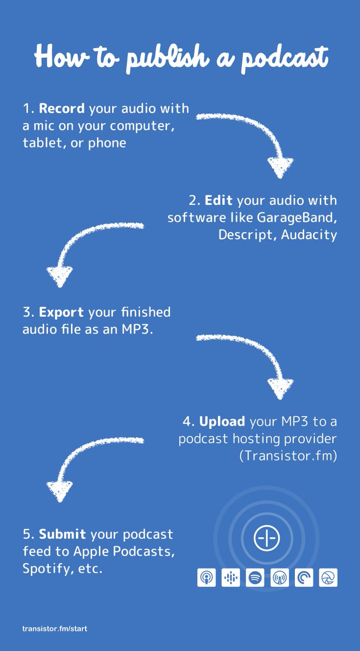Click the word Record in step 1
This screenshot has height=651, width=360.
coord(62,108)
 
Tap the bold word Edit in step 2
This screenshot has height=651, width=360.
coord(219,200)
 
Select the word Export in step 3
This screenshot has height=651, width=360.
coord(61,312)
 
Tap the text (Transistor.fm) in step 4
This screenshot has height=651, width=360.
coord(288,456)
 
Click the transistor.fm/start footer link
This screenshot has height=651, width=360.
coord(55,629)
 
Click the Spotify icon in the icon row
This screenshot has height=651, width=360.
coord(255,578)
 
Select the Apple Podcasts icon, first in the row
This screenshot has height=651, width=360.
coord(206,578)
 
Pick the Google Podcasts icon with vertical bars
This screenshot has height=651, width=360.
coord(230,578)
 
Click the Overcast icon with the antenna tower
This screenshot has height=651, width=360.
coord(279,578)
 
